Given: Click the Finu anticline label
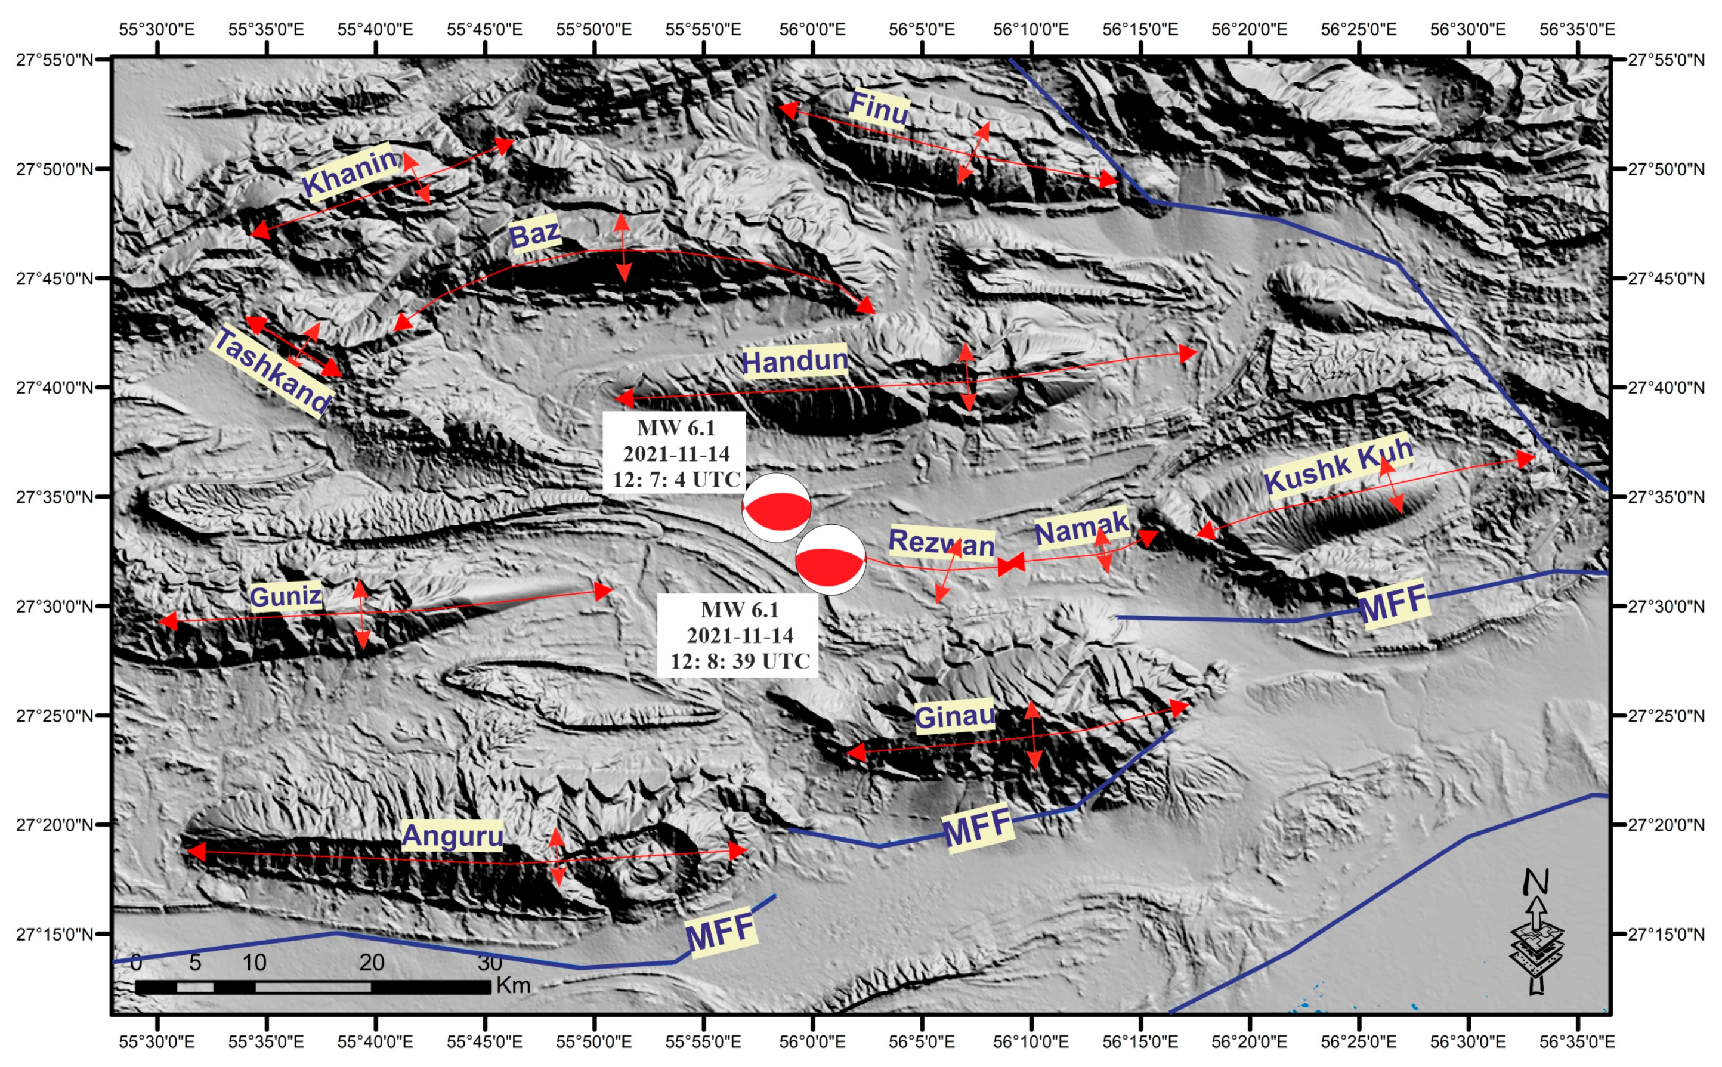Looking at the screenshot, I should [879, 108].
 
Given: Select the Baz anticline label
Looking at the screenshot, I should [534, 234].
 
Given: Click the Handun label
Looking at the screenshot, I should [794, 361].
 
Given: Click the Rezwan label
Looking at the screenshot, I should [941, 543].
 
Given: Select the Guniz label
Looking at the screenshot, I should [286, 597].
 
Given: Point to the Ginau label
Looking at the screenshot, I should [954, 717].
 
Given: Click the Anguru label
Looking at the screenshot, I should [452, 836].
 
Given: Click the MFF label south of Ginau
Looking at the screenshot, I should [978, 828].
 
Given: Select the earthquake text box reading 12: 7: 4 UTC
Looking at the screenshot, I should [675, 454].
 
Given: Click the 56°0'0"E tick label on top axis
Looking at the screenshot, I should [812, 30].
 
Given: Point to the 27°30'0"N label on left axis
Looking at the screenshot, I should [55, 606].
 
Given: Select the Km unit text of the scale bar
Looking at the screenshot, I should [513, 985].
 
